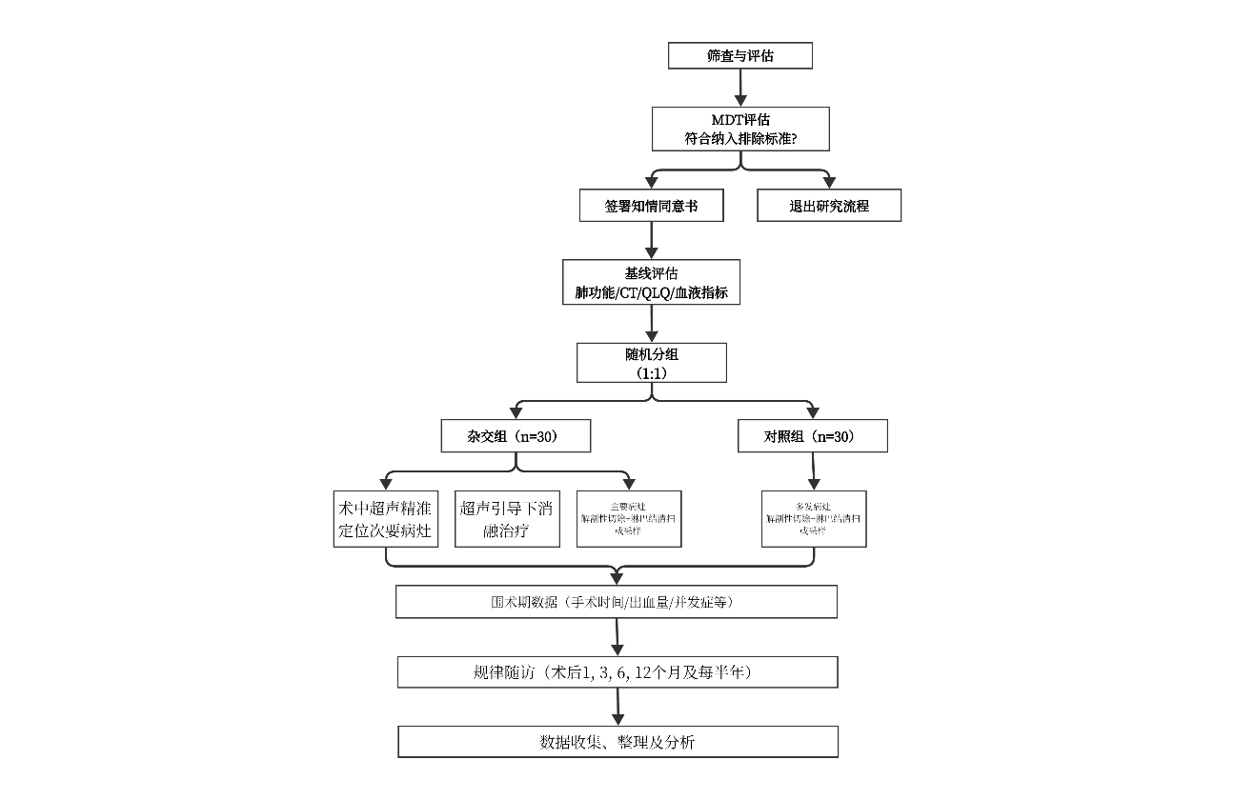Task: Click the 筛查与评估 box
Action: point(740,56)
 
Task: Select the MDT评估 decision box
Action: point(740,129)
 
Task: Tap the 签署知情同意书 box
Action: point(651,206)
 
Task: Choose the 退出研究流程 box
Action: point(829,206)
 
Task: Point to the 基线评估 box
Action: point(651,283)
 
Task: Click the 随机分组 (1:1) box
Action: point(651,363)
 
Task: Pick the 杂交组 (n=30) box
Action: point(516,436)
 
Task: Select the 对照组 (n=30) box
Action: point(813,436)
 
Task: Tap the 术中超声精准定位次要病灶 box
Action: point(384,519)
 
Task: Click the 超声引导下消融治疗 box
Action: point(505,519)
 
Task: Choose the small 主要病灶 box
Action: point(629,519)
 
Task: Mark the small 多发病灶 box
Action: point(814,519)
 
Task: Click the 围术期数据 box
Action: point(617,602)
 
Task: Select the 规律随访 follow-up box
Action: point(617,671)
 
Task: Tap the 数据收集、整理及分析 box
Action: point(617,742)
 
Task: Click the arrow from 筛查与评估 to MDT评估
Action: point(740,88)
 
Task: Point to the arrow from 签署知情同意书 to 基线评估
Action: point(651,240)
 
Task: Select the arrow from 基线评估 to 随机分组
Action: point(651,324)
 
